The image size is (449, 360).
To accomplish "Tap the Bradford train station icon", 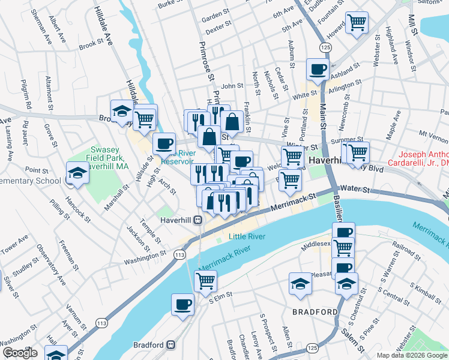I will click(x=171, y=346).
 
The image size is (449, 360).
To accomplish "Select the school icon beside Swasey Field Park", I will click(x=77, y=173).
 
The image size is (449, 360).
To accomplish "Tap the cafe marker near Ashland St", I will click(x=317, y=69).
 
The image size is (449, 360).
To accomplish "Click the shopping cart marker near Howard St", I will click(x=357, y=23).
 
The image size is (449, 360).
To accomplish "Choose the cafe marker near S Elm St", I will click(x=183, y=304).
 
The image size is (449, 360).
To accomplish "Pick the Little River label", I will click(x=247, y=237).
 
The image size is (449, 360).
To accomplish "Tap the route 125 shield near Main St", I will click(x=325, y=47).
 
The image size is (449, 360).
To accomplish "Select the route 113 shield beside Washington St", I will click(x=179, y=255).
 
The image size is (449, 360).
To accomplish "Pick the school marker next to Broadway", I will click(x=122, y=110).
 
